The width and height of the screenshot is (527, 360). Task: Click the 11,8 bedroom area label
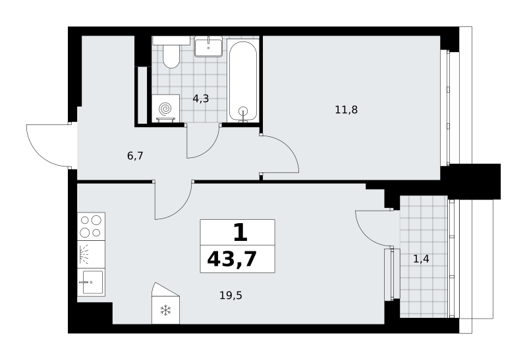point(347,110)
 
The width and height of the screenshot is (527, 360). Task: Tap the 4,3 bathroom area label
point(201,99)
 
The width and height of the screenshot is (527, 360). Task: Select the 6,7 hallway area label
point(135,156)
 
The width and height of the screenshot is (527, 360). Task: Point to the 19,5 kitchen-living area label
point(231,296)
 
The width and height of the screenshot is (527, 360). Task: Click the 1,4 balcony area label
point(421,259)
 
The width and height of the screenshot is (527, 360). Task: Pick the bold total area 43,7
point(232,259)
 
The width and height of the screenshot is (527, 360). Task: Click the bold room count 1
point(240,233)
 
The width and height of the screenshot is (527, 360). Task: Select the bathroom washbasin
point(208,46)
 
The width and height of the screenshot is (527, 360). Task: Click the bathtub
point(243,80)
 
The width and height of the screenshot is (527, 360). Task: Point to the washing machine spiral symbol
point(165,109)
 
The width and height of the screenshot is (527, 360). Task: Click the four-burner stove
point(91,226)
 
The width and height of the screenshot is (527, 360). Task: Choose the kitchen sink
point(91,282)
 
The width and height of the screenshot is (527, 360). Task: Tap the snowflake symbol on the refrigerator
point(166,310)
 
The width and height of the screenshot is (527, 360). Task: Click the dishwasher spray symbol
point(84,254)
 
